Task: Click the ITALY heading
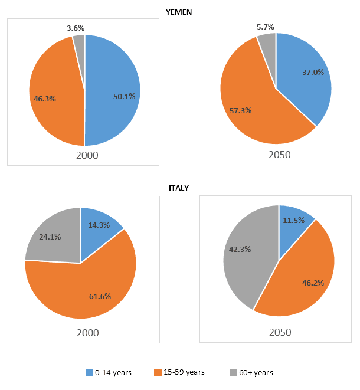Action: [179, 188]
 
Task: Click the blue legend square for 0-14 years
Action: [89, 373]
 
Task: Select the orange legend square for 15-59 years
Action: [158, 373]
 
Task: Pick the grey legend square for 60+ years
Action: [233, 373]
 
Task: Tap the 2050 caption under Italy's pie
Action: [280, 332]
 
